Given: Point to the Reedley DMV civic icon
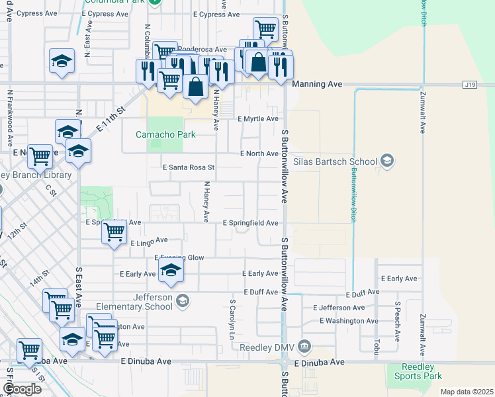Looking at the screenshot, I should (x=304, y=346).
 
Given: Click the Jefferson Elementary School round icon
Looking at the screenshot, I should (x=183, y=302).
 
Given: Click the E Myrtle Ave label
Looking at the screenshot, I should (x=258, y=118).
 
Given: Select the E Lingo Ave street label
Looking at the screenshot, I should (x=149, y=243).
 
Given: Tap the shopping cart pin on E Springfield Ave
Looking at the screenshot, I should (x=114, y=232).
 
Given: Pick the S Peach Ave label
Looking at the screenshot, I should (x=398, y=322).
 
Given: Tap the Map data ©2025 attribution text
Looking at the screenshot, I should (x=467, y=392).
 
